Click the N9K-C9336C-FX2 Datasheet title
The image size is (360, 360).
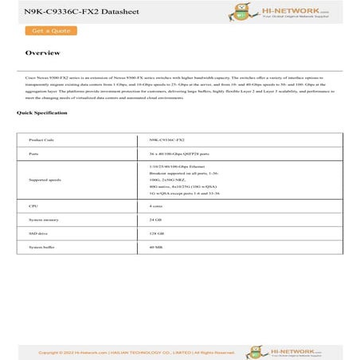coord(66,11)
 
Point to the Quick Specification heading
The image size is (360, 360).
coord(42,113)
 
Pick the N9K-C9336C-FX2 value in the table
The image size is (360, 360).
coord(165,139)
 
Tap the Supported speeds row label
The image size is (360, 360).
coord(45,180)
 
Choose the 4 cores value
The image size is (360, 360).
coord(157,205)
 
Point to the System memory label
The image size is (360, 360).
coord(44,219)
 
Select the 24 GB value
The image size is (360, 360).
coord(155,219)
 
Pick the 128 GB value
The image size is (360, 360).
coord(156,233)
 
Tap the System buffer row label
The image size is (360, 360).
coord(43,248)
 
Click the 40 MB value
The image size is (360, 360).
coord(155,248)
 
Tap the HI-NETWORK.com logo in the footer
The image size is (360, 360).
coord(311,350)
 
